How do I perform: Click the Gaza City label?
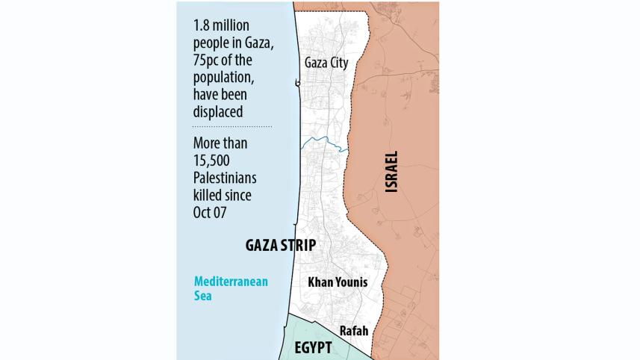[326, 63]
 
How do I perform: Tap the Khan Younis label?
[340, 283]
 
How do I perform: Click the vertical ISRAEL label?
[391, 173]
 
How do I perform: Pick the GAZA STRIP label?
[280, 245]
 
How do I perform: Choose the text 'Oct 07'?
[210, 212]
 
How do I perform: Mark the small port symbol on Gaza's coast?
[299, 84]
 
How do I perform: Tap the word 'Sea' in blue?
[204, 296]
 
